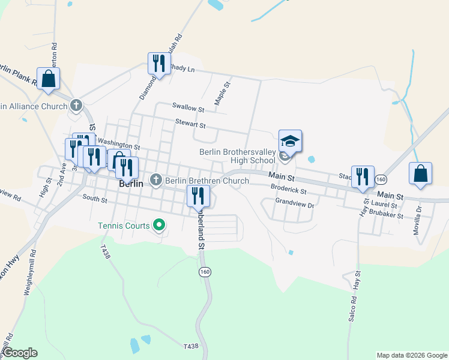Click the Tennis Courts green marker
[x=159, y=226]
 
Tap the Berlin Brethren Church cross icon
[x=156, y=180]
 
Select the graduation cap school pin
[x=290, y=142]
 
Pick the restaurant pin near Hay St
[x=363, y=176]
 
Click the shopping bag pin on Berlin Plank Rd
[x=48, y=77]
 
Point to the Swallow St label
[x=188, y=108]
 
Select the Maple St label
[x=222, y=93]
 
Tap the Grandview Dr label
[x=295, y=204]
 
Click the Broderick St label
[x=289, y=190]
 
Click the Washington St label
[x=118, y=145]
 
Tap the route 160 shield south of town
[x=205, y=272]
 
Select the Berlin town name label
[x=131, y=184]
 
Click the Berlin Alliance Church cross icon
[x=76, y=106]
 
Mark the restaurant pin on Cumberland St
[x=197, y=196]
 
